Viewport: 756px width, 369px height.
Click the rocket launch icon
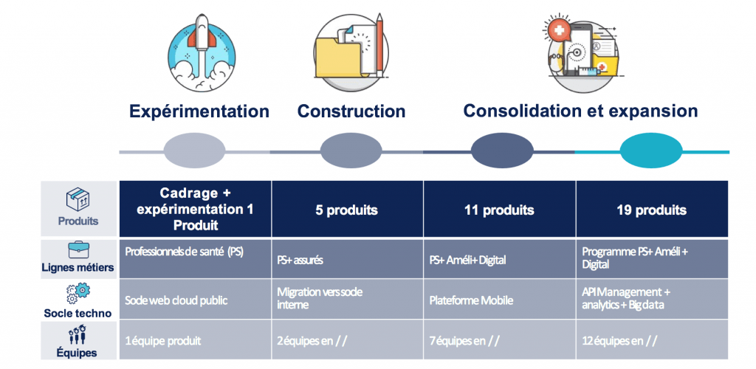tap(202, 53)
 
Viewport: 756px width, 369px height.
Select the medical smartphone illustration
tap(582, 53)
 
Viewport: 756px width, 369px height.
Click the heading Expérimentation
tap(199, 111)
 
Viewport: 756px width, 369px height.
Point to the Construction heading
tap(351, 111)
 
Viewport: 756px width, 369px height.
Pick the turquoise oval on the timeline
tap(650, 151)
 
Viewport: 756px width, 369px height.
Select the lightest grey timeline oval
tap(194, 151)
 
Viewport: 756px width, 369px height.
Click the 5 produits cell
tap(347, 210)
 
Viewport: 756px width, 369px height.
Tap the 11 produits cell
tap(500, 210)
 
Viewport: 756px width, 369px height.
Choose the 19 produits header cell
tap(652, 210)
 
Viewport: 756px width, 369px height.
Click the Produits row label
tap(78, 221)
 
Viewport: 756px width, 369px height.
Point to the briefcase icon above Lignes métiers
tap(78, 250)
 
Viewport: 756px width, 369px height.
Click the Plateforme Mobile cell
tap(500, 299)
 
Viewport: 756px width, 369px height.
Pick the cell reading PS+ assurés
tap(347, 259)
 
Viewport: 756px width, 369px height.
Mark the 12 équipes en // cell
tap(652, 339)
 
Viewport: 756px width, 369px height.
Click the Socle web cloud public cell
tap(195, 299)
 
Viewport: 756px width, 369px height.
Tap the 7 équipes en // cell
tap(500, 339)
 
